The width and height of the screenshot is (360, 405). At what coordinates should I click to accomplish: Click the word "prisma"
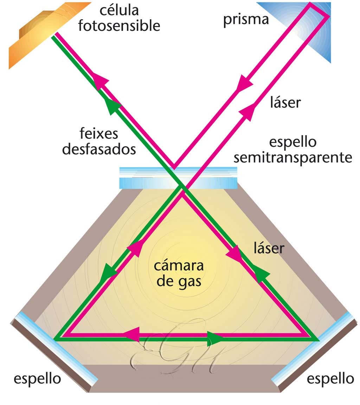click(246, 19)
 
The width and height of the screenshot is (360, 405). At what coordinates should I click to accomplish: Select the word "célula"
click(119, 11)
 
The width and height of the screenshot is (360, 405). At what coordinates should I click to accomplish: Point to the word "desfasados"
click(99, 149)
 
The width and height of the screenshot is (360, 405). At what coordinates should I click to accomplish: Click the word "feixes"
click(99, 134)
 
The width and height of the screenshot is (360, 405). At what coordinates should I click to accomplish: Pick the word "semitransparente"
click(293, 158)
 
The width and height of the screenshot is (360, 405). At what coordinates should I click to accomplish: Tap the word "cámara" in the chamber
click(179, 266)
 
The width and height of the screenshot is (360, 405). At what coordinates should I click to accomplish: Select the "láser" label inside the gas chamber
click(269, 248)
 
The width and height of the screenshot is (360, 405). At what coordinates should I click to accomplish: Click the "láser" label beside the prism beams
click(285, 103)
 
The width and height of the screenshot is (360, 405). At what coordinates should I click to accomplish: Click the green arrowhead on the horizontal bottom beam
click(215, 339)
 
